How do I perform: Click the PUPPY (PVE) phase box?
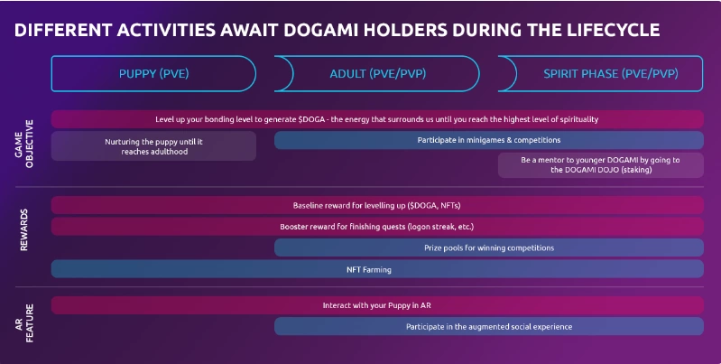tap(153, 74)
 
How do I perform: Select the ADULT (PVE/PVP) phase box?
tap(377, 74)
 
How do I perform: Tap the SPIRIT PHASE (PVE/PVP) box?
tap(600, 74)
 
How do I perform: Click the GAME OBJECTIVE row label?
tap(23, 144)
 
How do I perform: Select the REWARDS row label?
tap(23, 230)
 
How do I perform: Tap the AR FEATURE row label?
tap(23, 323)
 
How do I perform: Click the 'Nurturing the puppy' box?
tap(153, 146)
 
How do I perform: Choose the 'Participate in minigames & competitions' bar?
tap(489, 140)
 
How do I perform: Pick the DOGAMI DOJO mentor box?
tap(600, 164)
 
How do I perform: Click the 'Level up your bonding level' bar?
tap(377, 119)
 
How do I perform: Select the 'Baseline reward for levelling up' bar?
tap(377, 205)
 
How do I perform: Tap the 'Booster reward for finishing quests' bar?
tap(377, 227)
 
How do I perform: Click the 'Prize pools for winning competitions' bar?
tap(489, 247)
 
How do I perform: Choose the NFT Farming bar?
tap(377, 269)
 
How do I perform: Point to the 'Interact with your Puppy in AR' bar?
tap(377, 305)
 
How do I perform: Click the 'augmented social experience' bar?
tap(489, 326)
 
